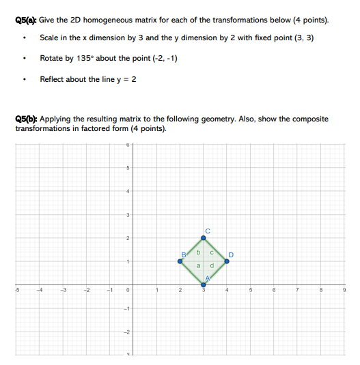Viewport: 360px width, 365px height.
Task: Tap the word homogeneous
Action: [x=115, y=20]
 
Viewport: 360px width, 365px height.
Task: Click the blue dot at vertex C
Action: [x=203, y=237]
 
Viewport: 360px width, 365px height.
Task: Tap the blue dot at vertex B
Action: [x=180, y=261]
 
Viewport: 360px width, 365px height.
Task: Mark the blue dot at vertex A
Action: [x=203, y=284]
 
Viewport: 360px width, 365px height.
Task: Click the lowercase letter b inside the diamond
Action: [x=198, y=253]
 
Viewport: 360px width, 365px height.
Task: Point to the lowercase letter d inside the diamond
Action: [x=212, y=266]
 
